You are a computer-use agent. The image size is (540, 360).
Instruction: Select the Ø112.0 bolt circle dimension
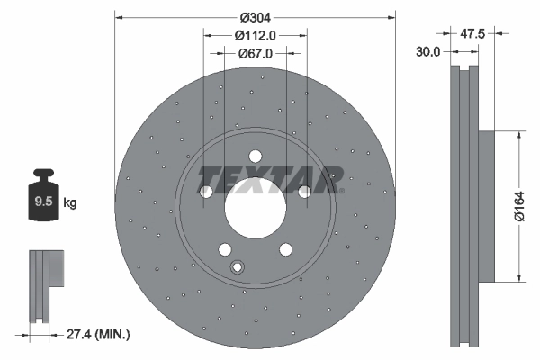click(x=255, y=36)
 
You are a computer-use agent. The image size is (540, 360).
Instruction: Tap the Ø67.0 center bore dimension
click(x=255, y=54)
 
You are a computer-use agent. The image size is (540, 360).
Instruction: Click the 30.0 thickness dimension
click(x=428, y=52)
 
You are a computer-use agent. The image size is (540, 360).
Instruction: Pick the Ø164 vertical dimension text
click(x=518, y=207)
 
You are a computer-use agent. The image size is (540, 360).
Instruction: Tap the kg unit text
click(x=69, y=203)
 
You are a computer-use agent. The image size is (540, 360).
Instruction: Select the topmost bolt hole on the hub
click(x=255, y=155)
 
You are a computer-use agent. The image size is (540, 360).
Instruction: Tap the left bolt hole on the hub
click(x=206, y=192)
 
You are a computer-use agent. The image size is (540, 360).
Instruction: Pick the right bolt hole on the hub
click(x=303, y=191)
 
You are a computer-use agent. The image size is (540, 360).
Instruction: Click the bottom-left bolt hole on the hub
click(x=224, y=249)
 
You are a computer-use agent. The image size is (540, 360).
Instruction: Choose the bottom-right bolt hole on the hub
click(x=285, y=249)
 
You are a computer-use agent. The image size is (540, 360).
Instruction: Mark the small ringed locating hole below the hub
click(x=238, y=266)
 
